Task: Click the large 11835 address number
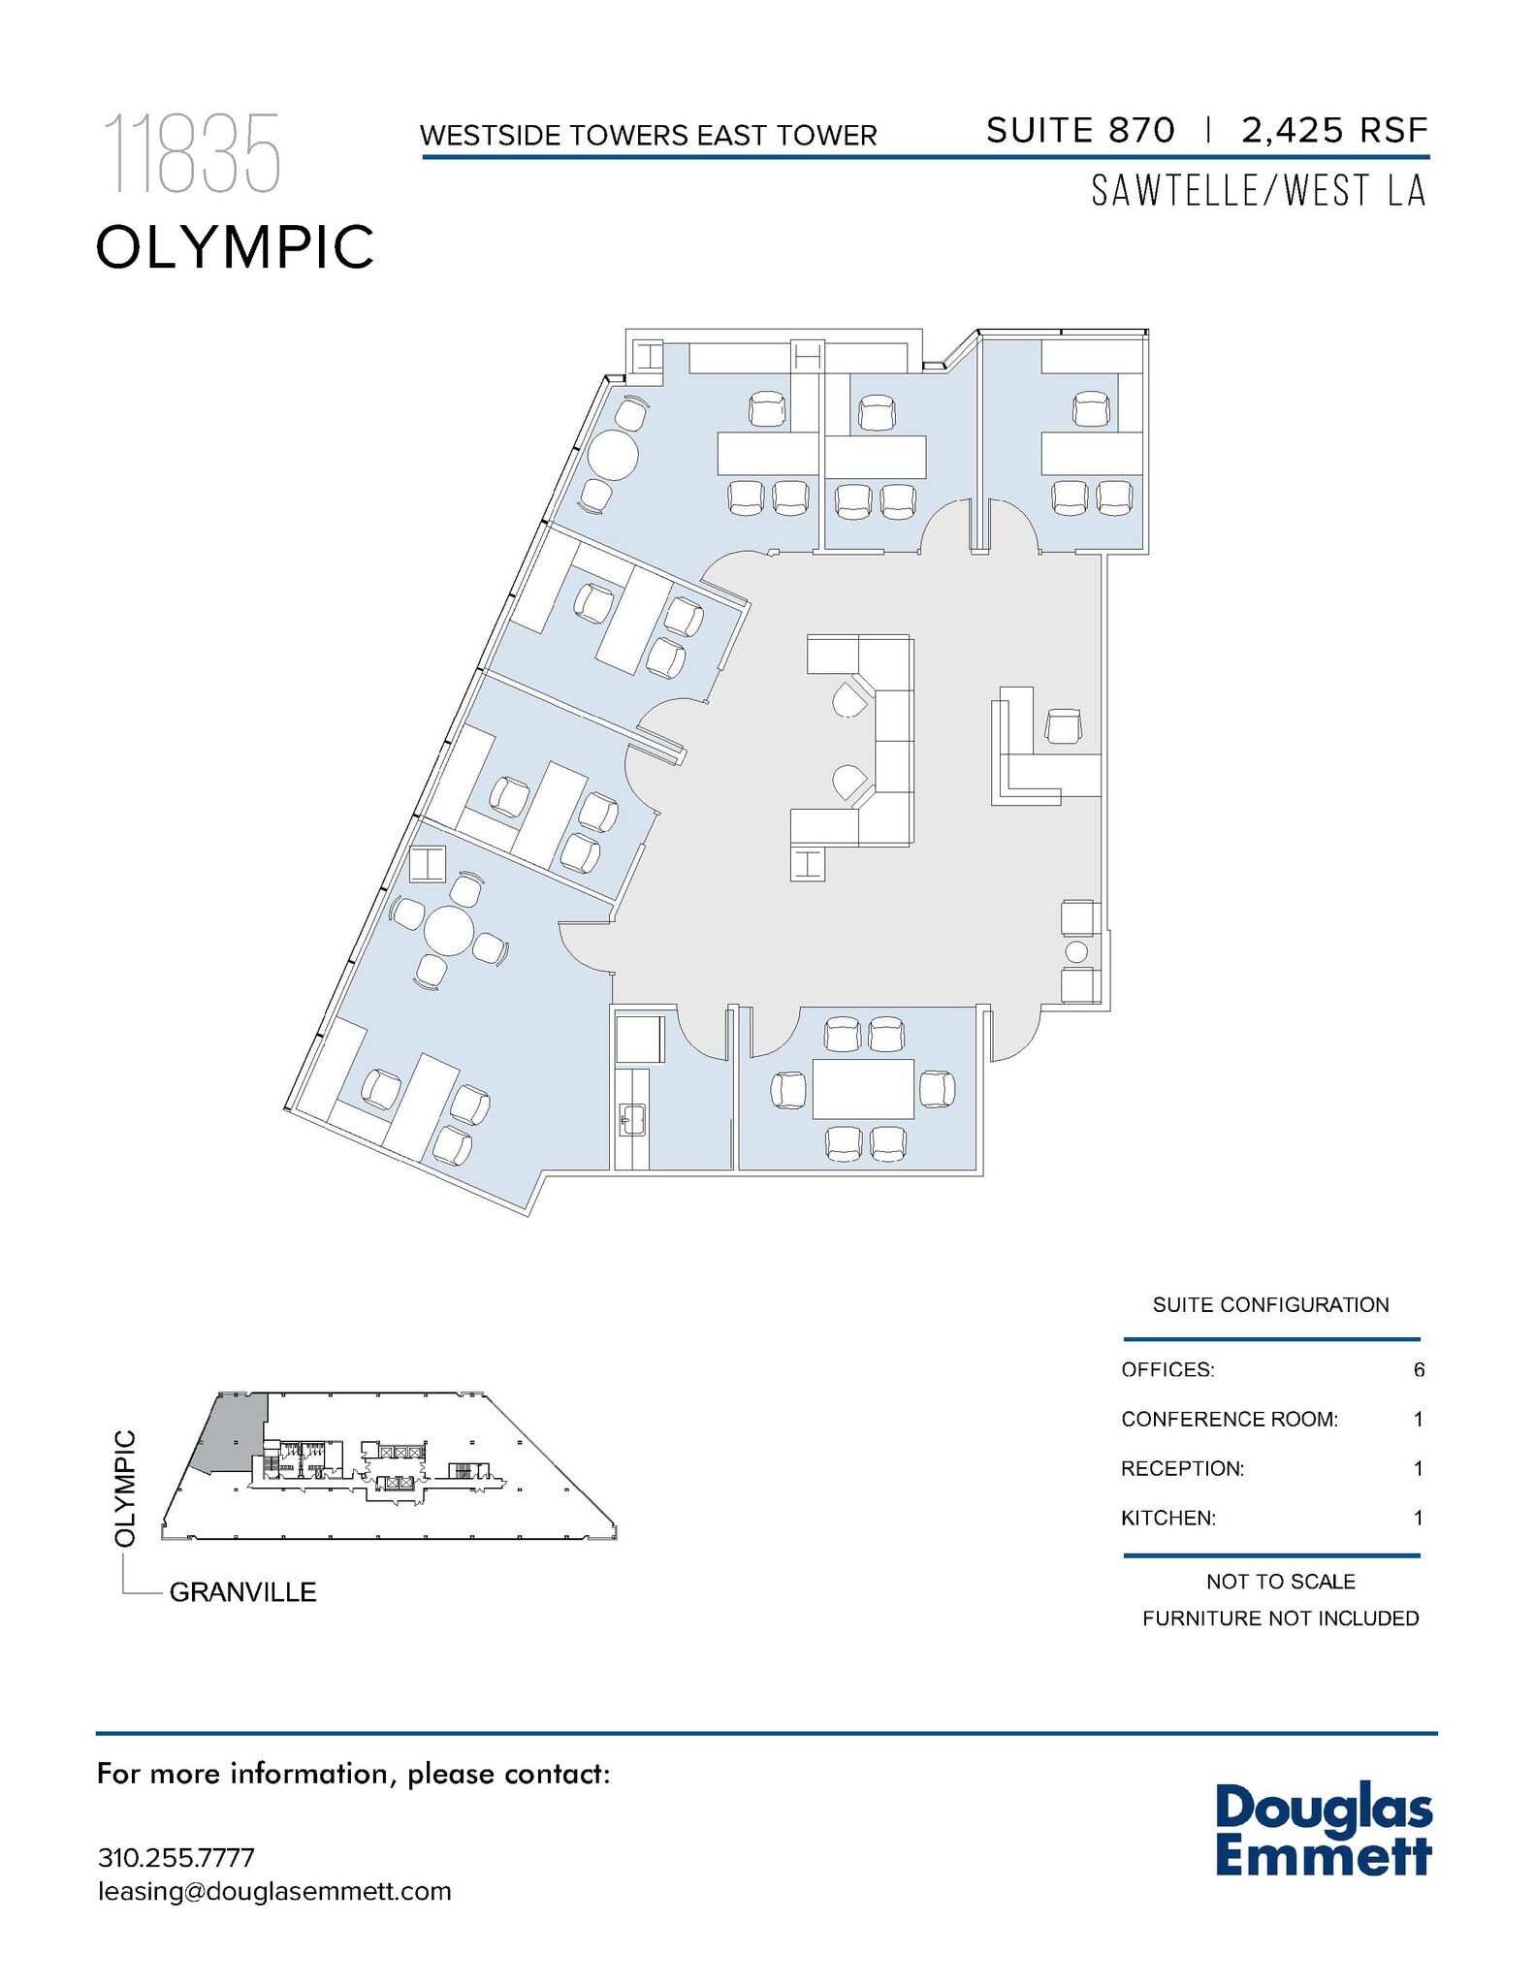tap(191, 153)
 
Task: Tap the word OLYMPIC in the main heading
tap(235, 246)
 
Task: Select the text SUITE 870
tap(1080, 130)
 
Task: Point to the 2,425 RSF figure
tap(1334, 130)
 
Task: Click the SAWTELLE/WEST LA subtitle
tap(1259, 191)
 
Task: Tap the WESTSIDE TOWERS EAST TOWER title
tap(648, 135)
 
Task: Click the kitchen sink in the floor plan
tap(632, 1118)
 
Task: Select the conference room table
tap(863, 1089)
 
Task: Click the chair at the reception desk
tap(1064, 725)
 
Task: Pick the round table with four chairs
tap(448, 932)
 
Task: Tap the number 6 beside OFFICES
tap(1419, 1369)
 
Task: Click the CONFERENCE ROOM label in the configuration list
tap(1229, 1419)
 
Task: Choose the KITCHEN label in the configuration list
tap(1167, 1518)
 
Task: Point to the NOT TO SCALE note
tap(1280, 1582)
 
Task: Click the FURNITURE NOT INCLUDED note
tap(1280, 1618)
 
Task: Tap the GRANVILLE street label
tap(242, 1592)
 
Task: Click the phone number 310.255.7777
tap(176, 1857)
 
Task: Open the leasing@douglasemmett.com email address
tap(274, 1891)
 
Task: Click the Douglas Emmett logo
tap(1323, 1829)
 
